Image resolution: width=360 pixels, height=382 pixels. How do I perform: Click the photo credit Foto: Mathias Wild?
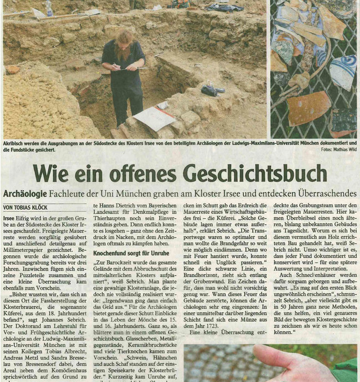(336, 149)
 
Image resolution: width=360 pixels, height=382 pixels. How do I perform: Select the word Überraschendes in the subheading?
(317, 194)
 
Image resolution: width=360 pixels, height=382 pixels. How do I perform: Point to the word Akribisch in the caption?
(17, 143)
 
